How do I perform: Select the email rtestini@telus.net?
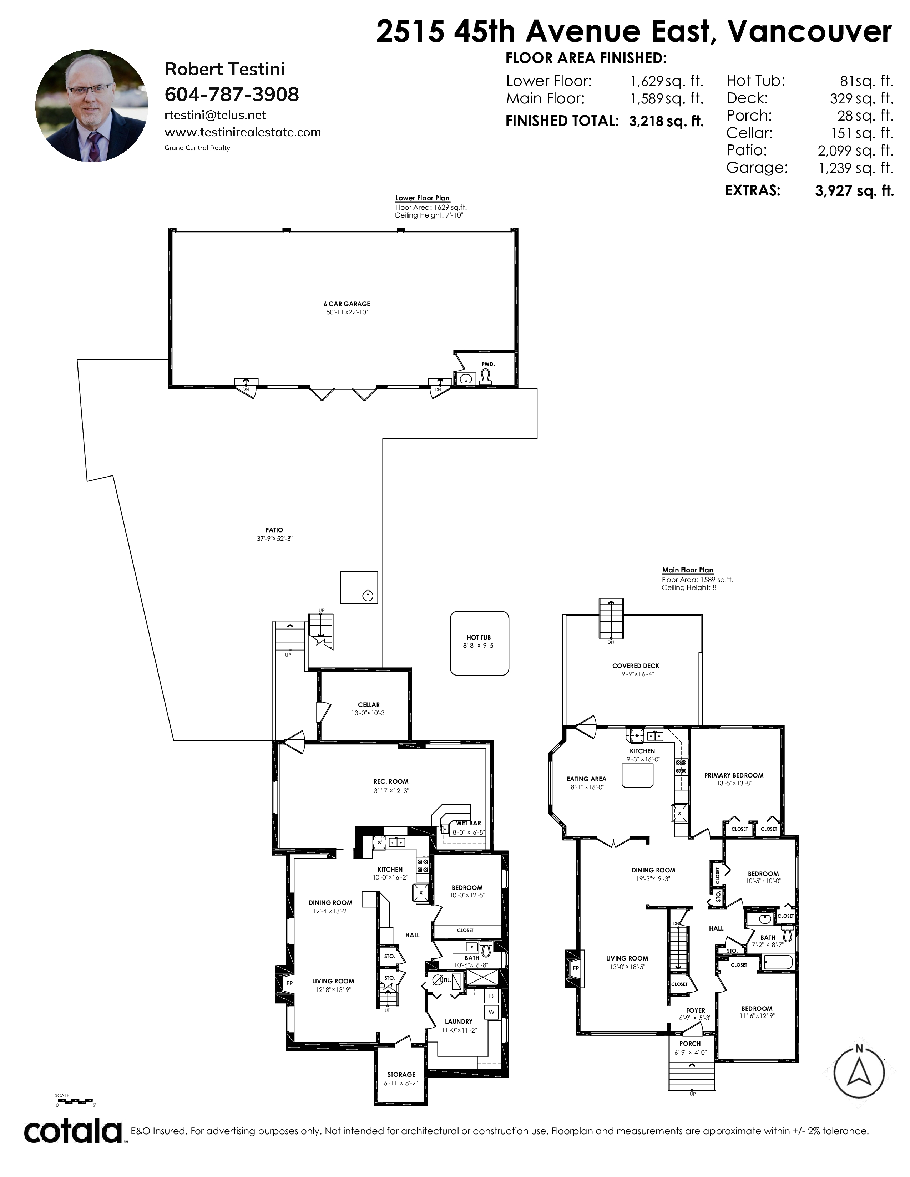(215, 115)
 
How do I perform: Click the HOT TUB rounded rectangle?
(480, 643)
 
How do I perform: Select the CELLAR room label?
(369, 705)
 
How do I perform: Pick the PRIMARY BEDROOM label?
(734, 775)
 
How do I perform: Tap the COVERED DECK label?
(636, 666)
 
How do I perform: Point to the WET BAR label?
(469, 824)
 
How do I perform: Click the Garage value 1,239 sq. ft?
(856, 168)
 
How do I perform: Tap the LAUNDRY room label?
(459, 1021)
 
